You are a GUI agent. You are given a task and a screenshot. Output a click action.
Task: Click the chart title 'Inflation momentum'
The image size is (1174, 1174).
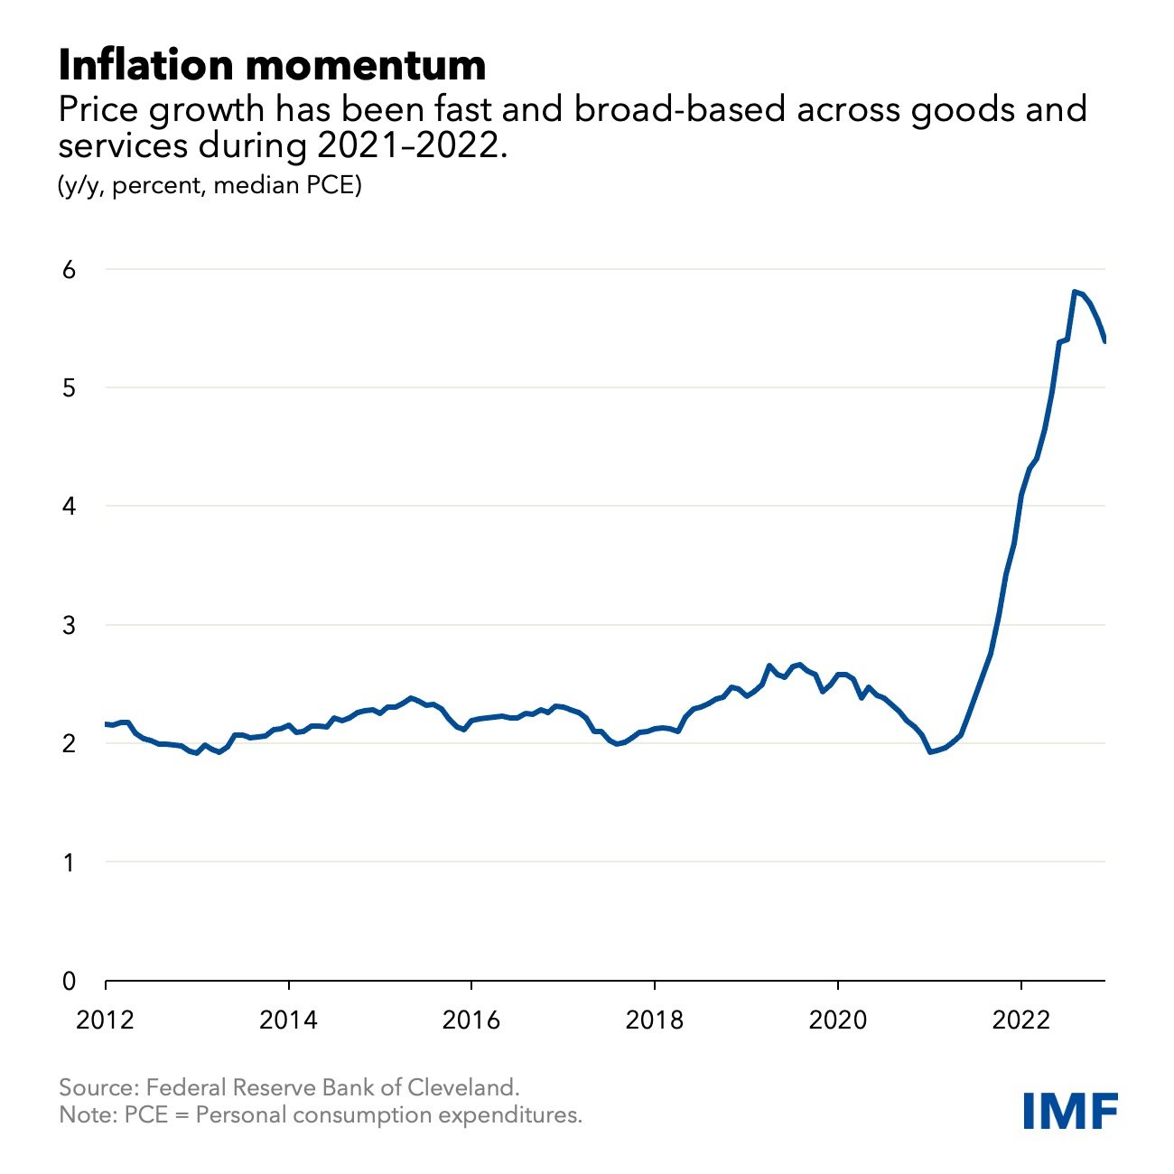(272, 65)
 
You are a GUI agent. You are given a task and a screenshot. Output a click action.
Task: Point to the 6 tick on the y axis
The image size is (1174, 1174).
(68, 269)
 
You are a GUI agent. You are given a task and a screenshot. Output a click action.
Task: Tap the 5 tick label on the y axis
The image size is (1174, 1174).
(68, 388)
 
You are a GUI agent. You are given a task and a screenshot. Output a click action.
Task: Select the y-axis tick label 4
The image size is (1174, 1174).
(68, 507)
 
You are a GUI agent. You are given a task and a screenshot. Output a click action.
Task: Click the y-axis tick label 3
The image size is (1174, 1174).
(68, 625)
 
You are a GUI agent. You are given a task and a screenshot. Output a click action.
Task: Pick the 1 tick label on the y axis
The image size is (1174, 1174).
(68, 862)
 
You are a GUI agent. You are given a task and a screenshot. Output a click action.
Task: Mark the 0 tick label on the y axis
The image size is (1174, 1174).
(68, 981)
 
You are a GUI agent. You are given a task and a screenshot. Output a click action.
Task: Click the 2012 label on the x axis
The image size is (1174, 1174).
(106, 1020)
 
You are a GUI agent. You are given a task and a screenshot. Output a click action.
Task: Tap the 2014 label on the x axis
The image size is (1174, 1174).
(288, 1020)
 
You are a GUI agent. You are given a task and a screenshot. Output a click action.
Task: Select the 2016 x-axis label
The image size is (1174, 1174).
(471, 1020)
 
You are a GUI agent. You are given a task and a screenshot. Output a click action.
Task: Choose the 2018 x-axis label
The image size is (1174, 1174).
(654, 1020)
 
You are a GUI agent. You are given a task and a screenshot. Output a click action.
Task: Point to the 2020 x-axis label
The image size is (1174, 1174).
(837, 1020)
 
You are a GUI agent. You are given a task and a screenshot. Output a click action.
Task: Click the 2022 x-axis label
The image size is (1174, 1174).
(1020, 1020)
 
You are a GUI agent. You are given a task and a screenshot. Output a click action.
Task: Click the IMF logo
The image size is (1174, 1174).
(1070, 1110)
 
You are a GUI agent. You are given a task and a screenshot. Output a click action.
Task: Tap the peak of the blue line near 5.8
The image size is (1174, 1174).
(1074, 292)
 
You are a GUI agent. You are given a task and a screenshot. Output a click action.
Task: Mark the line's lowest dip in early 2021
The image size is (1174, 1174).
(930, 751)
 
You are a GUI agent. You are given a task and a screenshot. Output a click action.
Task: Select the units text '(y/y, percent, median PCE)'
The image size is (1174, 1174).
(210, 186)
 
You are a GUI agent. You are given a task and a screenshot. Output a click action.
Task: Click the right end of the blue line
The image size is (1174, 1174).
(1104, 340)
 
